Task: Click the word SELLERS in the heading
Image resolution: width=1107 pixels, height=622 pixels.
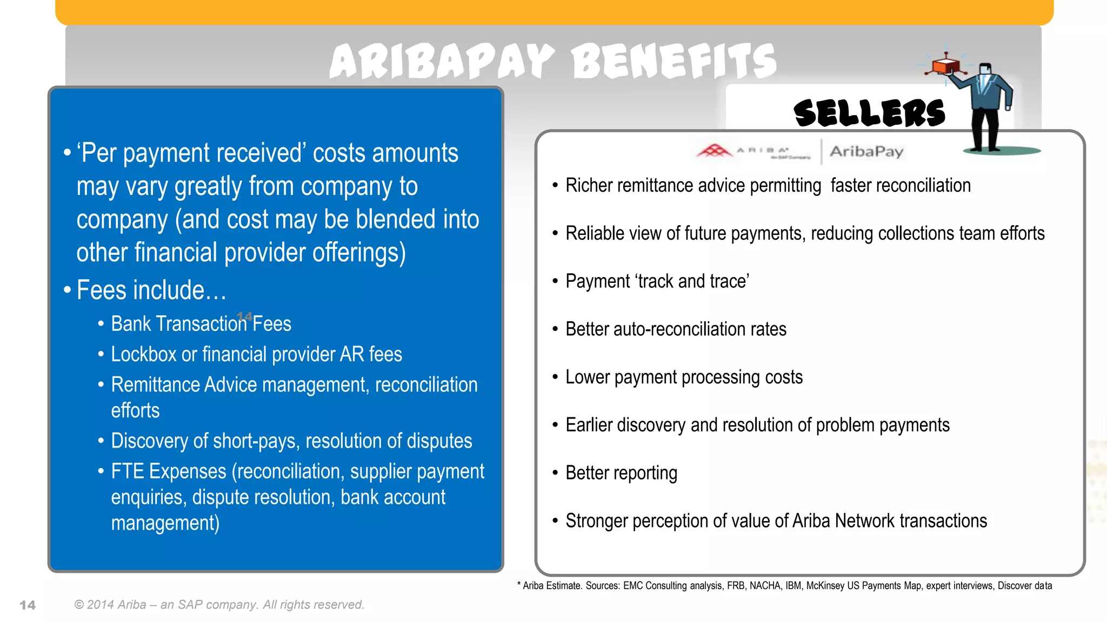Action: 869,113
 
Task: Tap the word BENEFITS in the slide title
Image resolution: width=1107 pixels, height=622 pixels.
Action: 673,61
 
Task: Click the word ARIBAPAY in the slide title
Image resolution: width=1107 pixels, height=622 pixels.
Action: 442,61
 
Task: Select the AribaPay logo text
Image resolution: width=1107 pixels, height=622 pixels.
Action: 866,151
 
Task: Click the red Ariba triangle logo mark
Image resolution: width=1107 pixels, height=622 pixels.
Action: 714,150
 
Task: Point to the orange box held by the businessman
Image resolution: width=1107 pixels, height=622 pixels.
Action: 945,66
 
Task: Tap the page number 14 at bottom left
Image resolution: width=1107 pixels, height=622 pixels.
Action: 28,605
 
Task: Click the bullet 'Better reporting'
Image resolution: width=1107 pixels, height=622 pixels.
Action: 621,473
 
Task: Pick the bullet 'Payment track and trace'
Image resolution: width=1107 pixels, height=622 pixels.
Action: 657,281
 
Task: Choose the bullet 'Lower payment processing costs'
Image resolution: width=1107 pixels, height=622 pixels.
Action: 684,377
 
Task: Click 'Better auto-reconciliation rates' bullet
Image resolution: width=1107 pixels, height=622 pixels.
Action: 676,329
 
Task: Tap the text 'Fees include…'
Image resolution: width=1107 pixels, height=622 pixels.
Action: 151,290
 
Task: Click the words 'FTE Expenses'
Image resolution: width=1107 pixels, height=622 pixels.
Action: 168,471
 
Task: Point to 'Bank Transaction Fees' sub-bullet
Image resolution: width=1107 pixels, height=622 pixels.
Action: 201,324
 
